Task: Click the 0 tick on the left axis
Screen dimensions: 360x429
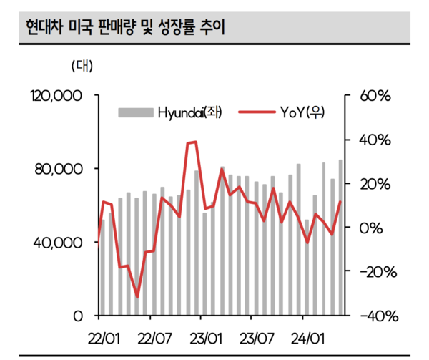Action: pyautogui.click(x=79, y=316)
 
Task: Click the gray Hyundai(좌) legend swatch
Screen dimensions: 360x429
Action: pyautogui.click(x=136, y=112)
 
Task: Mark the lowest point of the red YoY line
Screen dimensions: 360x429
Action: pyautogui.click(x=137, y=297)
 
